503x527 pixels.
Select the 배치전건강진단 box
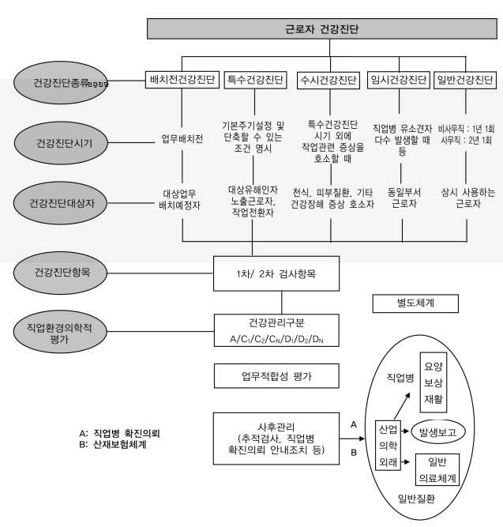point(182,80)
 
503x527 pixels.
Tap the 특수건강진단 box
point(252,80)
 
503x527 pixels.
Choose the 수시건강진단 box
point(327,81)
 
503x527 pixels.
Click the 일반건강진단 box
point(464,81)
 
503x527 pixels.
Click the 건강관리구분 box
point(281,331)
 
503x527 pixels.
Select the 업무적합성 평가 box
point(281,376)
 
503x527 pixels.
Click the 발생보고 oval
point(438,432)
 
